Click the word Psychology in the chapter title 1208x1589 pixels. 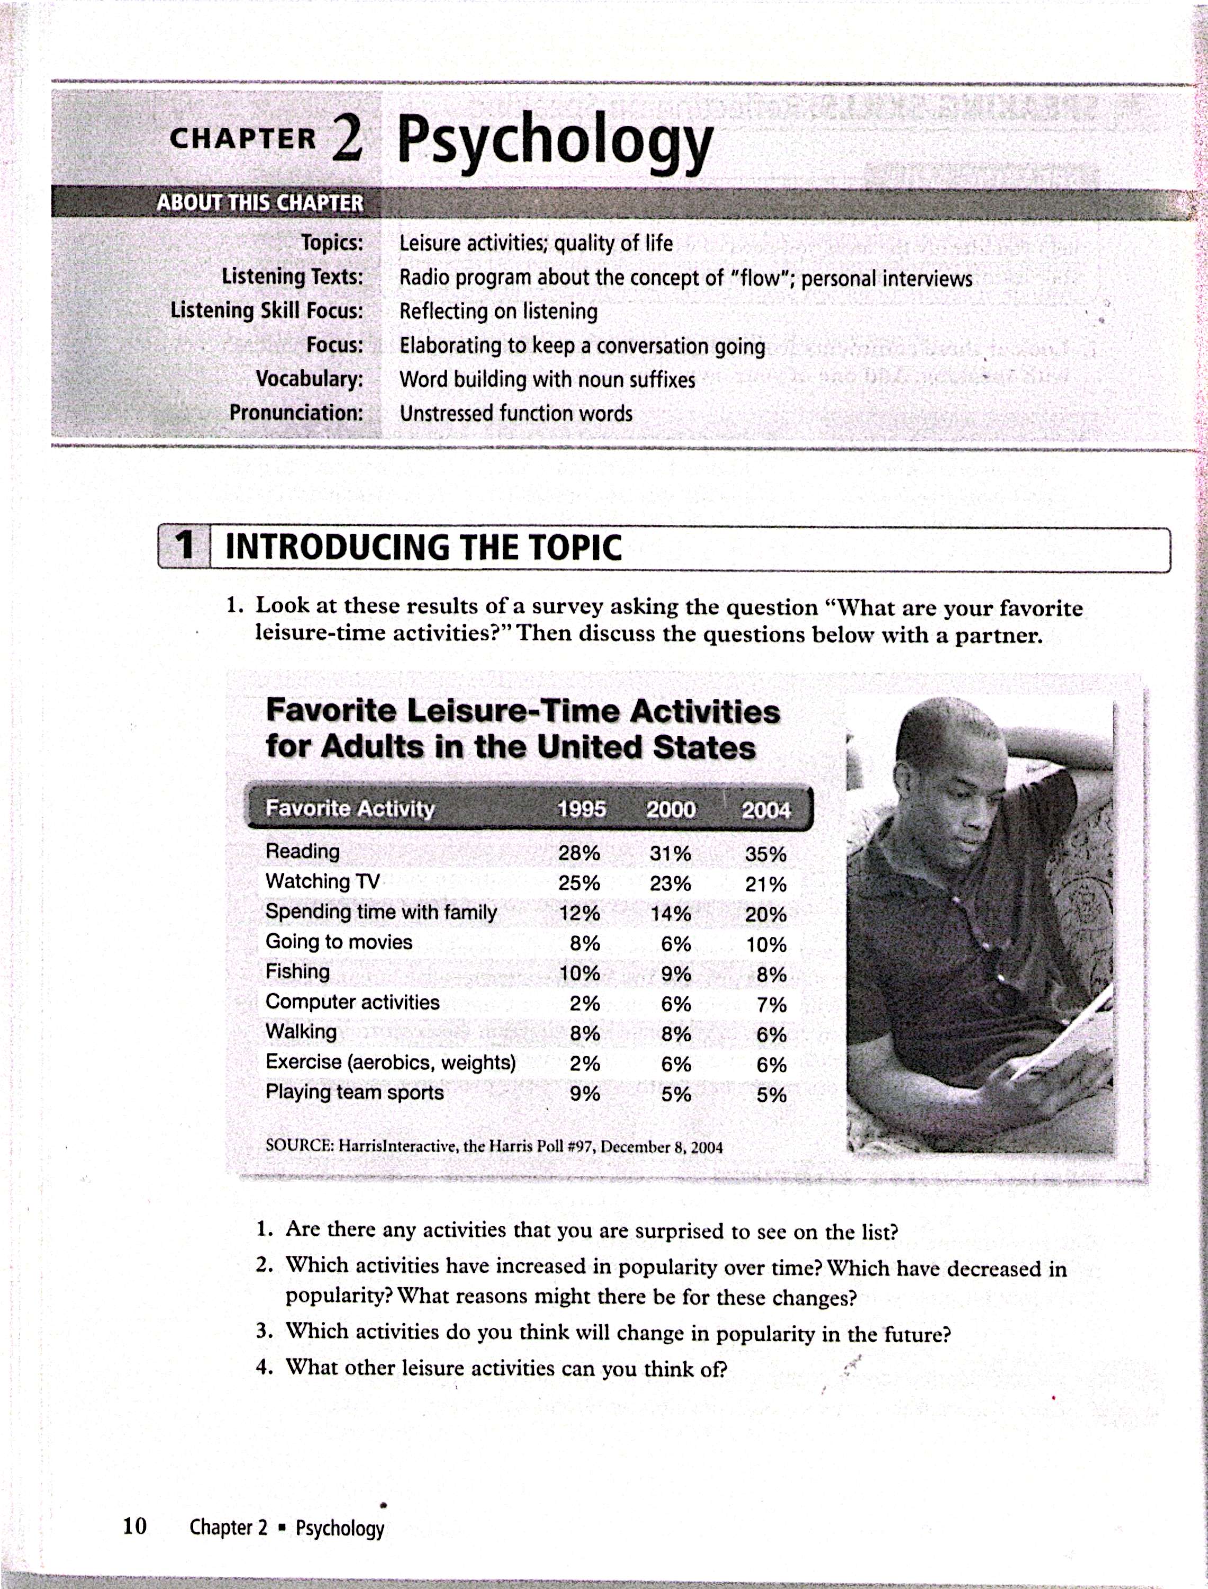[x=554, y=140]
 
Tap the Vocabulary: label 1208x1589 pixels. [x=309, y=379]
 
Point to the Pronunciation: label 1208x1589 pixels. [x=296, y=413]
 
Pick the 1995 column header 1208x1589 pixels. [x=581, y=809]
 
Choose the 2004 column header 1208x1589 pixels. [x=765, y=810]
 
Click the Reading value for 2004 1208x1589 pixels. [x=765, y=855]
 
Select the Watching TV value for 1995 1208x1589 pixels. [x=579, y=883]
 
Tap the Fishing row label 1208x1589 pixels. [x=298, y=971]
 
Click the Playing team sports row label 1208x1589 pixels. [x=354, y=1092]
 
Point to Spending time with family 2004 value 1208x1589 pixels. [x=765, y=915]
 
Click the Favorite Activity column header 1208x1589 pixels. [x=350, y=809]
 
